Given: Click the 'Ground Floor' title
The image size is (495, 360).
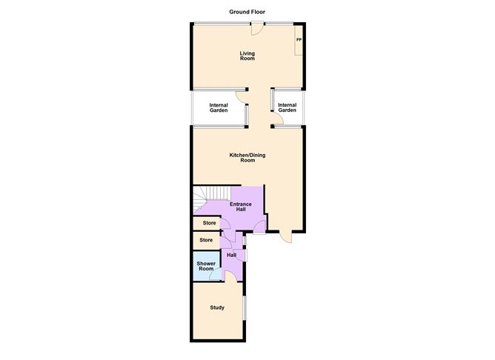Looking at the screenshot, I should point(247,12).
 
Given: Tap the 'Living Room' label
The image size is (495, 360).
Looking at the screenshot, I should point(247,56).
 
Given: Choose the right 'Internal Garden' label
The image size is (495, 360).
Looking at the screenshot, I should point(287,108).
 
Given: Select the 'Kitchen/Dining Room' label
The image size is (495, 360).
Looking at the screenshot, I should point(247,157).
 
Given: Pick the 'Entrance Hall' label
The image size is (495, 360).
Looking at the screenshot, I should point(241,207).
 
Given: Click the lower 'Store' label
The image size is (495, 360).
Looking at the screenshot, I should point(207,240).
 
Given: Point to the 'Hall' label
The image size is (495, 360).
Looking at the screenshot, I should point(231,256).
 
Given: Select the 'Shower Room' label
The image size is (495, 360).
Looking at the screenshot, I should point(205,266).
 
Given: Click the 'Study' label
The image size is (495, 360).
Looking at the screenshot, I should point(216,308).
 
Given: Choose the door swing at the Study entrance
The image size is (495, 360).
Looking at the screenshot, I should point(230,277).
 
